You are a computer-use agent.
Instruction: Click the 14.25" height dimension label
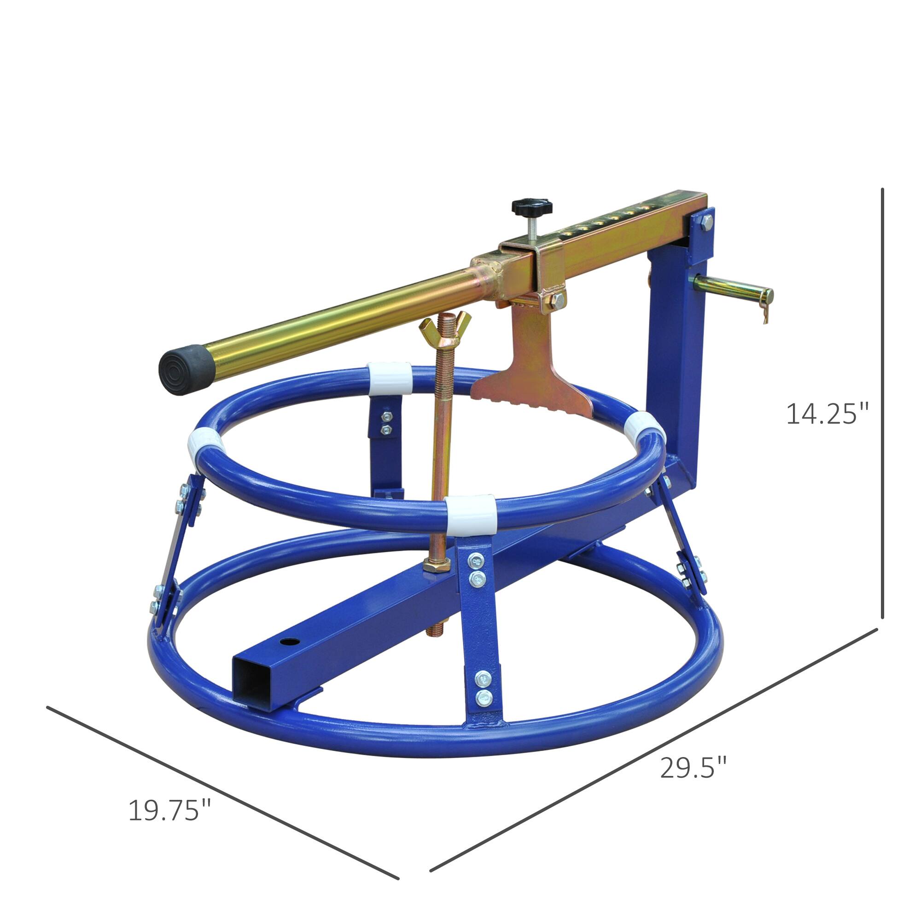826,414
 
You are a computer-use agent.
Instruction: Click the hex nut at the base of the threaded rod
435,566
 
